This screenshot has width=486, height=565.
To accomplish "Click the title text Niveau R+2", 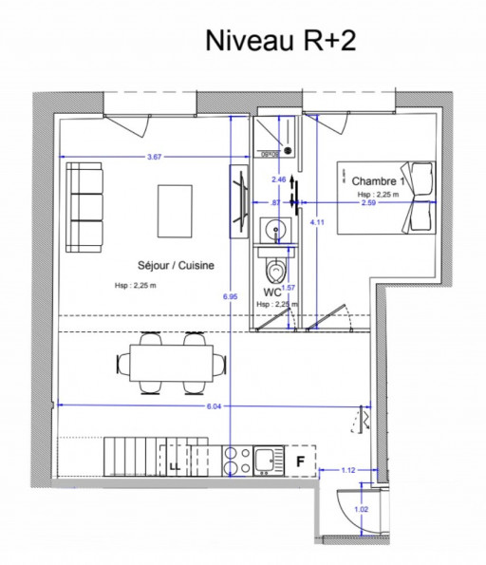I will [281, 41].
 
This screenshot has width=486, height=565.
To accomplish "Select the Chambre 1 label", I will [378, 181].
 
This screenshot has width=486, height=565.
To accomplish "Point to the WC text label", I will [271, 292].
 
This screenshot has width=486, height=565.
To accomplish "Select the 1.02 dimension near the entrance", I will [362, 509].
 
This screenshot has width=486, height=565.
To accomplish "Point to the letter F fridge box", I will [300, 462].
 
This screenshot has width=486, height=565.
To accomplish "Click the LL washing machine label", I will [175, 467].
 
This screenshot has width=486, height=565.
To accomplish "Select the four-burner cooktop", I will [234, 461].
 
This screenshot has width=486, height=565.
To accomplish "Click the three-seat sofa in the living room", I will [84, 206].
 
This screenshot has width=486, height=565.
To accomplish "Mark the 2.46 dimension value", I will [278, 179].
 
